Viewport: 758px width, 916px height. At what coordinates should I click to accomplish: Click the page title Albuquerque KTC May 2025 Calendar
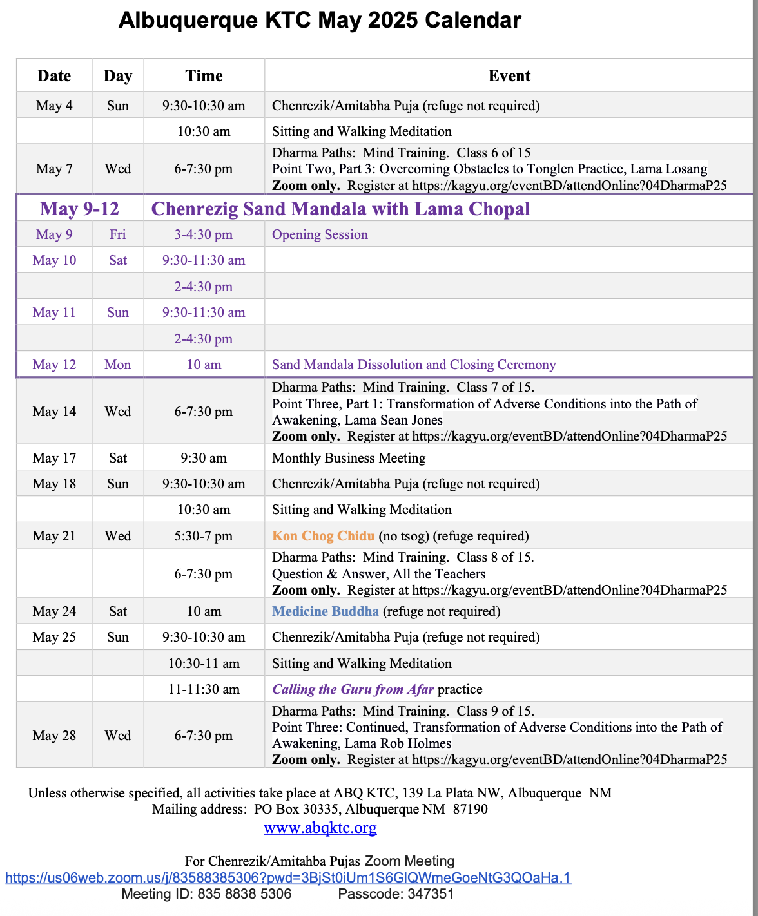(320, 21)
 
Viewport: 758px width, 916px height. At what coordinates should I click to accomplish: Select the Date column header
(54, 76)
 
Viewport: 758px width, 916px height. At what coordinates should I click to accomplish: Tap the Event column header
(509, 76)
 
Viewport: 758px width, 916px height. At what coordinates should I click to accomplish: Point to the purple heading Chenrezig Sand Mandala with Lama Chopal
(340, 209)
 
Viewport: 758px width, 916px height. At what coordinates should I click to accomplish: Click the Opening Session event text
(320, 234)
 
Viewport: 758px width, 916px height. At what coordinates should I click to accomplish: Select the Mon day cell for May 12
(118, 365)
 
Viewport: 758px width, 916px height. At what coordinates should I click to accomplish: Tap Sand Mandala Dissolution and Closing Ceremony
(414, 365)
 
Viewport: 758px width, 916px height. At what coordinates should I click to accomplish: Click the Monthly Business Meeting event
(349, 458)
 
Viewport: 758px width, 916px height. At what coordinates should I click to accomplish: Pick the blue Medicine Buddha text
(326, 611)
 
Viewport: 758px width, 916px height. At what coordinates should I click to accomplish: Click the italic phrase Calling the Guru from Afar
(353, 689)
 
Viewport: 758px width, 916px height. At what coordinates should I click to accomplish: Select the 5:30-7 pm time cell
(204, 536)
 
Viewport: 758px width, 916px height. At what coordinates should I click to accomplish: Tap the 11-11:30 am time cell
(204, 689)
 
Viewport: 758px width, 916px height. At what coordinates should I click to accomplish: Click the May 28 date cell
(54, 736)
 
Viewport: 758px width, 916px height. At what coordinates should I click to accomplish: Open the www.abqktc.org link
(320, 828)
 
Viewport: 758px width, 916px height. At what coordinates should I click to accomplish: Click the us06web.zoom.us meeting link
(288, 877)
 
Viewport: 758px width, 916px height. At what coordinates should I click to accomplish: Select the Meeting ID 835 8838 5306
(244, 894)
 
